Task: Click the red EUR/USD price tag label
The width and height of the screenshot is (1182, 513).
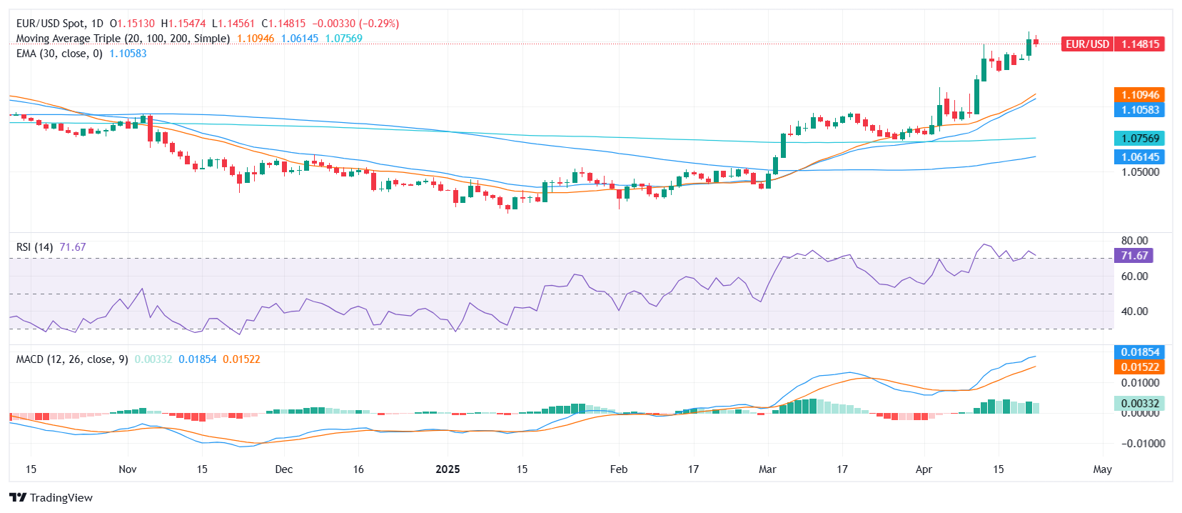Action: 1087,44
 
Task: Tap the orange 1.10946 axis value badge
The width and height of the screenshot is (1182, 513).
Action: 1139,95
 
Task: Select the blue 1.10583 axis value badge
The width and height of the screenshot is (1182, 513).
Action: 1139,110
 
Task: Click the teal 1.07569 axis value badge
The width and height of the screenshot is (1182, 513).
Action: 1139,139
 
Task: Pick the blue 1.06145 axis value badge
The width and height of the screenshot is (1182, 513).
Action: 1139,157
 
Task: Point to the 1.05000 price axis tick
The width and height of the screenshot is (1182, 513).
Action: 1140,172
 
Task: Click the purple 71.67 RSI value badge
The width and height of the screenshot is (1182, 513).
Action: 1133,256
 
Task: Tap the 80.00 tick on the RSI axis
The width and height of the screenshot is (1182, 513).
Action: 1134,241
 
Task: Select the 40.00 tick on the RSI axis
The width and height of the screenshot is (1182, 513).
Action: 1134,312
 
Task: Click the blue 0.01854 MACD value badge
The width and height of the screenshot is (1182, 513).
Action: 1139,352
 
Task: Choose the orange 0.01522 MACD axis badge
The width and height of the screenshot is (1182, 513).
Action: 1139,367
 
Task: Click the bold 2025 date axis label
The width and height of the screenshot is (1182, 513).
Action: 448,469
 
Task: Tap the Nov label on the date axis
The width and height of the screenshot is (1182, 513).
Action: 127,469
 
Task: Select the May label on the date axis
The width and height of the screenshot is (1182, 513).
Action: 1102,469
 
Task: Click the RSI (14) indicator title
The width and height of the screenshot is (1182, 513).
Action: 34,247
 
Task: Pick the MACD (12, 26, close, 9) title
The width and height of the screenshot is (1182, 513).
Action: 72,359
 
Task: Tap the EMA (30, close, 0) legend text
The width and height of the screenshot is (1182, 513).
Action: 59,54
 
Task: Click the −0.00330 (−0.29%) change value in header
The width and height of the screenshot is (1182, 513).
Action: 355,24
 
